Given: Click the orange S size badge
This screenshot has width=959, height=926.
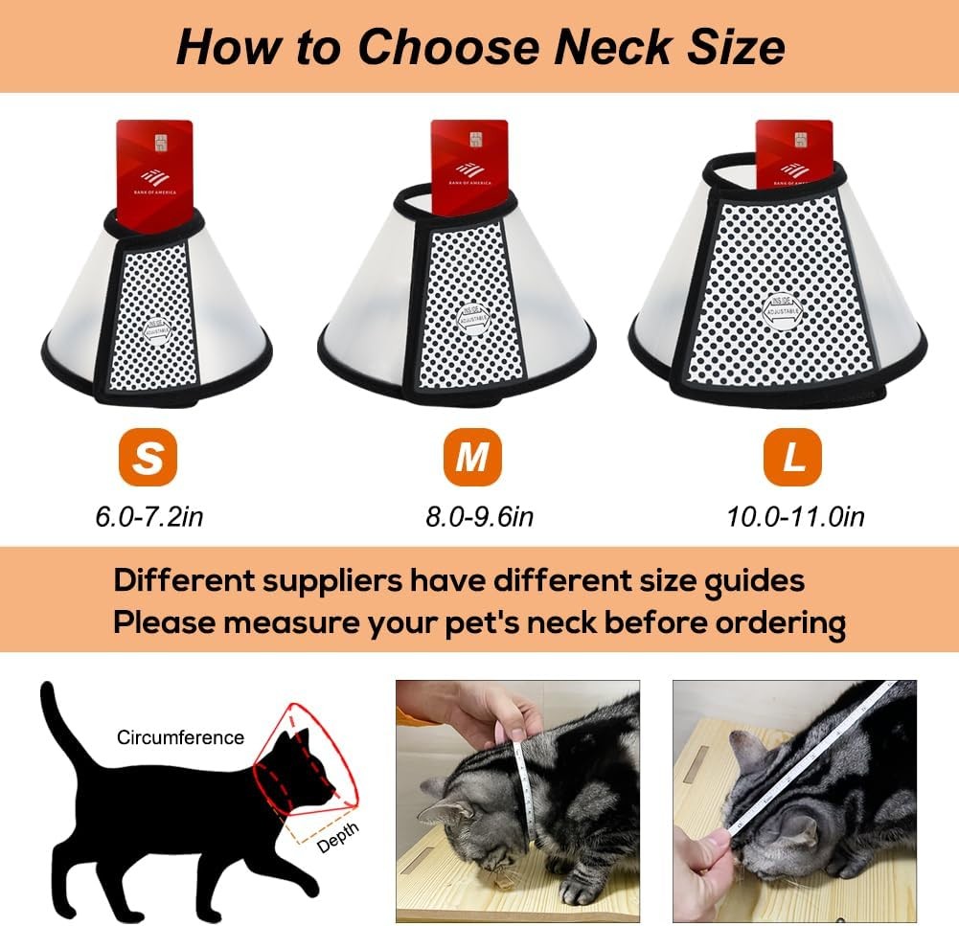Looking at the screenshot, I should [x=148, y=458].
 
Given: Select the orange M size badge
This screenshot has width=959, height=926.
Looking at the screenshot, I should [x=471, y=458].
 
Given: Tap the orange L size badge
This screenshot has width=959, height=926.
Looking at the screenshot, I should [x=792, y=458].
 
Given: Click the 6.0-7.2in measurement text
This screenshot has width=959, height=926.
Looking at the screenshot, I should [x=148, y=517].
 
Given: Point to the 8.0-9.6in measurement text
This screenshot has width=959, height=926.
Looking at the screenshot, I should [x=479, y=517].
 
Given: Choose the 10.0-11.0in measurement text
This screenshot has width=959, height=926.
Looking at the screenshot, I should [x=795, y=517].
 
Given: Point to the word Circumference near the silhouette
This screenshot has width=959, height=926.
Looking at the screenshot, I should [x=180, y=737].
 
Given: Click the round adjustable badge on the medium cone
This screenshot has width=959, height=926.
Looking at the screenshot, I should [x=471, y=318].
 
